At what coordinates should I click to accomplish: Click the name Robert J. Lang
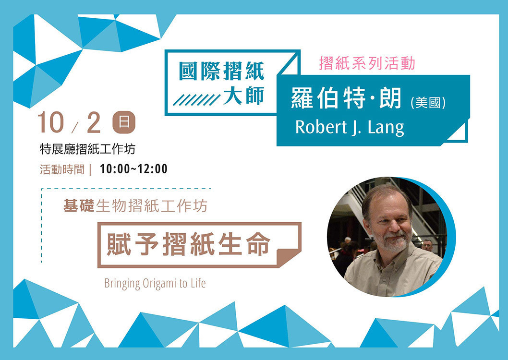tap(350, 127)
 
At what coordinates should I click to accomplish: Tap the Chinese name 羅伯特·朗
tap(346, 97)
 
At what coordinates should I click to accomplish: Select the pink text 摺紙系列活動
tap(367, 63)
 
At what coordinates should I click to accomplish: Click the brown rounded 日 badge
tap(124, 122)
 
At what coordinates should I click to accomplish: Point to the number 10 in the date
tap(50, 122)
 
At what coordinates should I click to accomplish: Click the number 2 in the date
tap(94, 123)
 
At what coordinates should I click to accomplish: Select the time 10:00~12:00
tap(133, 169)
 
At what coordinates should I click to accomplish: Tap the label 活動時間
tap(62, 169)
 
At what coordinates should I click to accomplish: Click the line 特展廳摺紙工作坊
tap(87, 149)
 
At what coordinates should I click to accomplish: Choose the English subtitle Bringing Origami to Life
tap(155, 284)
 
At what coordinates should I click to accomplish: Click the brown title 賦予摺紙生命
tap(188, 244)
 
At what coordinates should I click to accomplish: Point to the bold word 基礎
tap(79, 205)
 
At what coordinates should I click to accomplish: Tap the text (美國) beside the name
tap(428, 103)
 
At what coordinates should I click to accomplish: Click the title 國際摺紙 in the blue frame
tap(222, 71)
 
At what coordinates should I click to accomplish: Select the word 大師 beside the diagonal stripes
tap(244, 95)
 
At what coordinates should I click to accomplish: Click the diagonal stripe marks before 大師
tap(196, 100)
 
